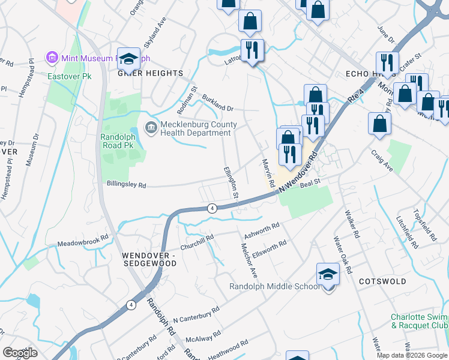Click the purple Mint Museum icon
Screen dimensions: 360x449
(x=52, y=59)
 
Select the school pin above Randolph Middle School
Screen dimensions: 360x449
(x=328, y=275)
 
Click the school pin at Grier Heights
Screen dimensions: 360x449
(x=128, y=59)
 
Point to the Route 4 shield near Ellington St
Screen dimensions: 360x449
(x=212, y=208)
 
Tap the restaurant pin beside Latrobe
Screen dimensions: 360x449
(x=252, y=50)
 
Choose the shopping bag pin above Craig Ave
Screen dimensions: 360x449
(x=380, y=124)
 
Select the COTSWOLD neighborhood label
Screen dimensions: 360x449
(x=382, y=281)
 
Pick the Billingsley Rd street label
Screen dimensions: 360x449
(x=126, y=185)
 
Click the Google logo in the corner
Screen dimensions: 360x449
(x=20, y=353)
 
